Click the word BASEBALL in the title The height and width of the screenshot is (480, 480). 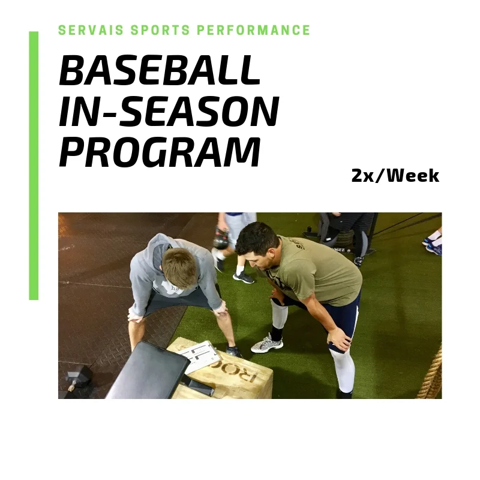pyautogui.click(x=160, y=71)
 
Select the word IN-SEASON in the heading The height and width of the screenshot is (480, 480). pyautogui.click(x=169, y=112)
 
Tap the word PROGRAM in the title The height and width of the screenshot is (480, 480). pyautogui.click(x=160, y=152)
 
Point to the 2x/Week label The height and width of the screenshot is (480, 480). pyautogui.click(x=395, y=176)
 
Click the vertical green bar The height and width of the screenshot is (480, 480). pyautogui.click(x=34, y=165)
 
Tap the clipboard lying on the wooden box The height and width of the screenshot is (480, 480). pyautogui.click(x=200, y=356)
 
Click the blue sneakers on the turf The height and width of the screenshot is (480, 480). pyautogui.click(x=432, y=243)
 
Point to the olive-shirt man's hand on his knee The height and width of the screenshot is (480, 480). pyautogui.click(x=339, y=340)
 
